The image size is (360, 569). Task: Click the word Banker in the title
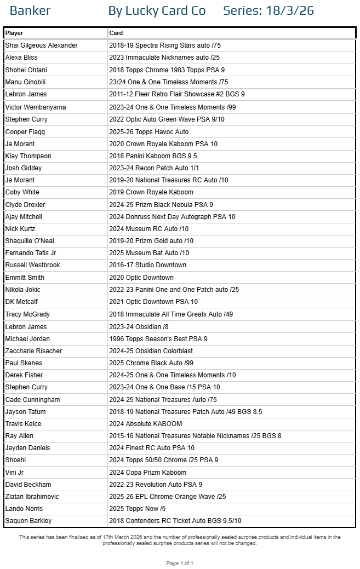pyautogui.click(x=30, y=10)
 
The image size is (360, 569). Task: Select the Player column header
pyautogui.click(x=14, y=33)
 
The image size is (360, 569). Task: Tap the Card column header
pyautogui.click(x=116, y=33)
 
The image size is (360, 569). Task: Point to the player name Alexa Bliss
pyautogui.click(x=21, y=58)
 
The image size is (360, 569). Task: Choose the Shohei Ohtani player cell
pyautogui.click(x=26, y=70)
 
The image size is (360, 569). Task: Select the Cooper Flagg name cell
pyautogui.click(x=25, y=132)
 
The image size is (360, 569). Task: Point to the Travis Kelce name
pyautogui.click(x=23, y=424)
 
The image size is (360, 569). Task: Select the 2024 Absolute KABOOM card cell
pyautogui.click(x=146, y=424)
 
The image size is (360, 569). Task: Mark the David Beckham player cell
pyautogui.click(x=28, y=485)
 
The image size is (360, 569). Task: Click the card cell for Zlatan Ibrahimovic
pyautogui.click(x=168, y=497)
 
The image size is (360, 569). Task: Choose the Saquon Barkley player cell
pyautogui.click(x=28, y=521)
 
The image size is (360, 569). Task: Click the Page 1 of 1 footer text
pyautogui.click(x=180, y=564)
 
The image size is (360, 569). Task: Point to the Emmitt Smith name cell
pyautogui.click(x=25, y=278)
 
